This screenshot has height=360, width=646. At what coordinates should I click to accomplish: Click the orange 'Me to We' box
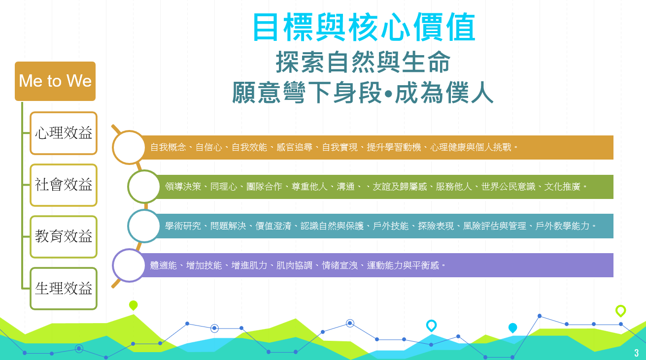click(55, 81)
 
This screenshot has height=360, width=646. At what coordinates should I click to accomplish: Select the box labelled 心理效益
click(64, 133)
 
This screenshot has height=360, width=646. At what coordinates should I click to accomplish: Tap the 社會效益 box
click(64, 185)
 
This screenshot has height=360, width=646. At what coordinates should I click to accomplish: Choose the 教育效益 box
click(64, 237)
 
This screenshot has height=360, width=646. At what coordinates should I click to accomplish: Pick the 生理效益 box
click(64, 289)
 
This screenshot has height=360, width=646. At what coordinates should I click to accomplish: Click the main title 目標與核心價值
click(364, 27)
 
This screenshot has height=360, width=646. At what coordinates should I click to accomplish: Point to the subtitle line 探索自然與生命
click(363, 62)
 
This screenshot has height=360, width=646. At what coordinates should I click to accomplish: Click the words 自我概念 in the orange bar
click(168, 147)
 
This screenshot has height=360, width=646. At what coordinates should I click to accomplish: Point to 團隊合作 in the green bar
click(264, 187)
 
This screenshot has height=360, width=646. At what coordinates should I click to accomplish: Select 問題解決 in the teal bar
click(228, 226)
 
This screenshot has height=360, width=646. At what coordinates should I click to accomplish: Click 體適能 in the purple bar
click(163, 265)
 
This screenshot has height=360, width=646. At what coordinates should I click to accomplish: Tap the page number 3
click(637, 353)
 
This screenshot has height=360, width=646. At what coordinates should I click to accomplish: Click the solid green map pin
click(133, 305)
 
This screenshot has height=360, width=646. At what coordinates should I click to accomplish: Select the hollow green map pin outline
click(620, 311)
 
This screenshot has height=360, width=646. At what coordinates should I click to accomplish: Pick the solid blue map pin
click(512, 328)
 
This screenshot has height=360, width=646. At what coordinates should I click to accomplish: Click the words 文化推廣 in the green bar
click(562, 187)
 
